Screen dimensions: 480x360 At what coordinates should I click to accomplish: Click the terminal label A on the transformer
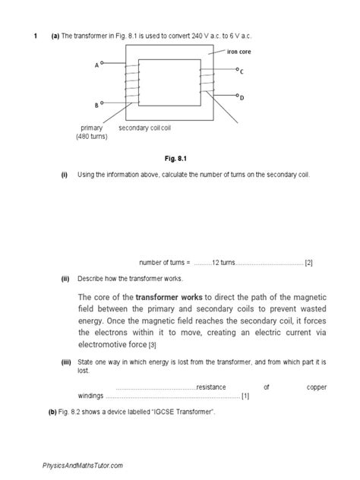(x=96, y=66)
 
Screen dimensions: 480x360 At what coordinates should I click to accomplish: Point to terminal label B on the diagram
(x=96, y=105)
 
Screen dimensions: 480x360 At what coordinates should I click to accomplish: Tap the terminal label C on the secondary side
(x=242, y=71)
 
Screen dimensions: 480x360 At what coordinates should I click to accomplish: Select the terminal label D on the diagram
(x=242, y=98)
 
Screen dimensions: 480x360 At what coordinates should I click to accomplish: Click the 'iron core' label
(x=239, y=52)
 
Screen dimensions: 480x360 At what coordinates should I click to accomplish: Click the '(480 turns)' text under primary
(x=92, y=137)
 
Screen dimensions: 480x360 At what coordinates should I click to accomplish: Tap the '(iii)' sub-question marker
(x=66, y=364)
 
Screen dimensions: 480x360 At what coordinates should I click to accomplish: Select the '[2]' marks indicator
(x=309, y=263)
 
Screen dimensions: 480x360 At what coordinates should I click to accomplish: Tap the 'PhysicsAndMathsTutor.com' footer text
(x=78, y=465)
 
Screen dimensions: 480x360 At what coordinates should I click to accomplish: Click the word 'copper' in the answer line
(x=317, y=387)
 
